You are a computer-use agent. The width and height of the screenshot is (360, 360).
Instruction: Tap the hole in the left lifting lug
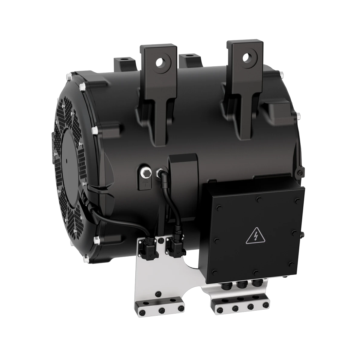point(159,62)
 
